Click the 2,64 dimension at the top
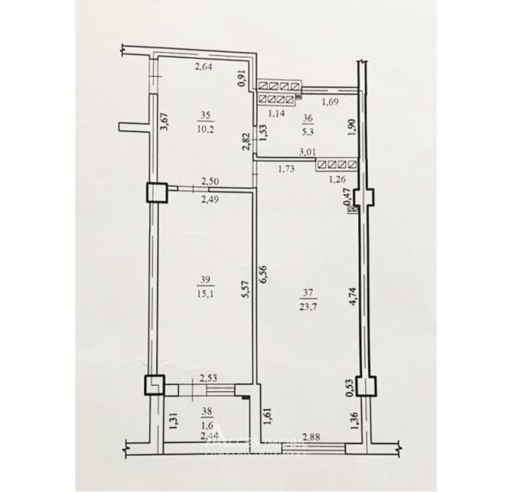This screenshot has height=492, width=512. tap(203, 68)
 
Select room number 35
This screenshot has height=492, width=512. tap(205, 114)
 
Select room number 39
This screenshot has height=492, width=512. tap(204, 279)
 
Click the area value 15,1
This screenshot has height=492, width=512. tap(204, 292)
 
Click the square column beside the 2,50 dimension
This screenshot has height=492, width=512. tap(155, 192)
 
